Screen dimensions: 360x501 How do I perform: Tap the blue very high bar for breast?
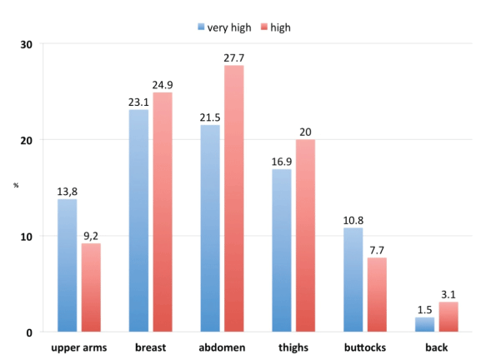[x=138, y=221]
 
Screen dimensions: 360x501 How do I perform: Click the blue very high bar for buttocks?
[x=353, y=280]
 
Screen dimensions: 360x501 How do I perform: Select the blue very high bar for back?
[x=425, y=324]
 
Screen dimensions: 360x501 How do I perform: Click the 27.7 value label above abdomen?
[x=233, y=57]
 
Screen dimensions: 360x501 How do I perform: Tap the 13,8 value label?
[x=67, y=192]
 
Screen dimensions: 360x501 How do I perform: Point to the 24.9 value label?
[x=162, y=84]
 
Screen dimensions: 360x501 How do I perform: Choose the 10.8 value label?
[x=353, y=220]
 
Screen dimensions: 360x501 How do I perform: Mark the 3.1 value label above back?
[x=448, y=294]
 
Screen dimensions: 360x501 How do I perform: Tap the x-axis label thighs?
[x=293, y=348]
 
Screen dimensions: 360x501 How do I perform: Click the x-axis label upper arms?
[x=78, y=348]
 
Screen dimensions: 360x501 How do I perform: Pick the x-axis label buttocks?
[x=364, y=348]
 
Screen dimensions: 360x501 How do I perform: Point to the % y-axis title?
[x=15, y=183]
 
